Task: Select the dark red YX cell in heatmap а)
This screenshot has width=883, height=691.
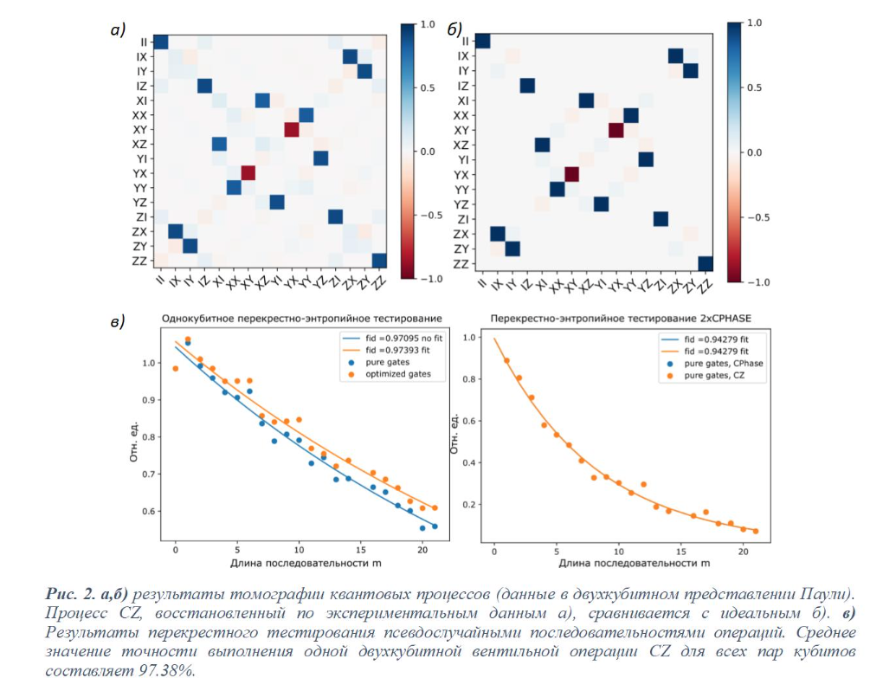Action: point(248,173)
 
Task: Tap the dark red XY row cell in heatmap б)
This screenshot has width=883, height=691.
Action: point(616,131)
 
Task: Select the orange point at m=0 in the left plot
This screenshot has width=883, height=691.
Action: point(175,368)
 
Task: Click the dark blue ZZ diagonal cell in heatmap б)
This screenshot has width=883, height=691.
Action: point(706,264)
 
